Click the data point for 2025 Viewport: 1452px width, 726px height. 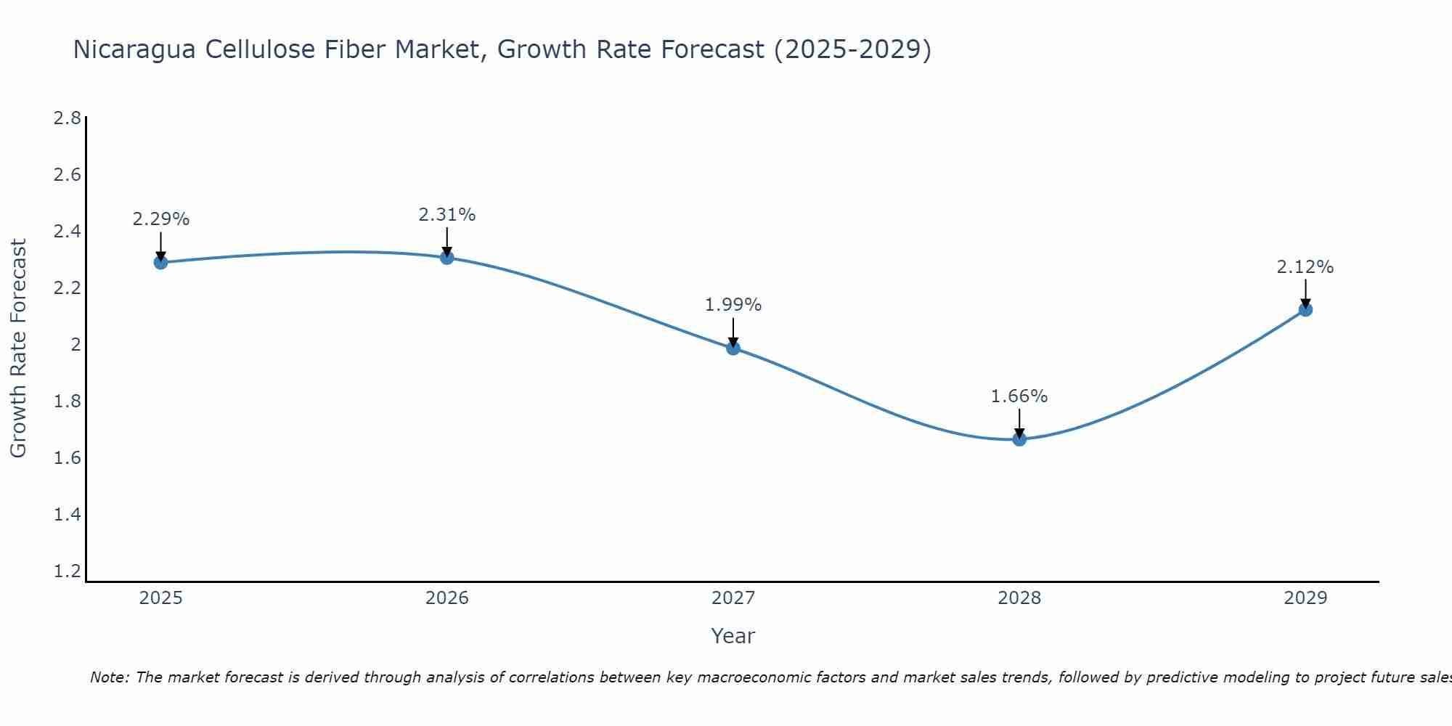[x=160, y=262]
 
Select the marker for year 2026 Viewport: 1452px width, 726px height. [x=447, y=257]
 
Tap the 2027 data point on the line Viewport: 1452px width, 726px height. [x=733, y=348]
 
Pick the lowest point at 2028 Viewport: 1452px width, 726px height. [x=1019, y=439]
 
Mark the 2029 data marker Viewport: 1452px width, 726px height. [x=1305, y=310]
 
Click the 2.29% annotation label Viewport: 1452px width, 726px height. [x=160, y=219]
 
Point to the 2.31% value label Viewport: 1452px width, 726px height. [x=447, y=215]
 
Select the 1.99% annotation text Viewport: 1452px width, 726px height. [x=733, y=305]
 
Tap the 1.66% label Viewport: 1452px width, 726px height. [x=1019, y=396]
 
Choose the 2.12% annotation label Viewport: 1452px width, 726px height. [x=1305, y=267]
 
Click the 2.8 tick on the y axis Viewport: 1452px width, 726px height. [x=68, y=118]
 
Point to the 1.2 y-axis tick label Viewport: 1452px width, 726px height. [x=68, y=571]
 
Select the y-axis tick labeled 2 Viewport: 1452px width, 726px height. [x=76, y=345]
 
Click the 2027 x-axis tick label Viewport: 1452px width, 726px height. [x=733, y=598]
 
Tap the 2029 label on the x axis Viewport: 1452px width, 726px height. [x=1305, y=598]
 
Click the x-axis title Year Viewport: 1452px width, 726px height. [x=733, y=636]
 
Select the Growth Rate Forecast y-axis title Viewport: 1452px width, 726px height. [x=18, y=348]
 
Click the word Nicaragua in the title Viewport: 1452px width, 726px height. [x=134, y=50]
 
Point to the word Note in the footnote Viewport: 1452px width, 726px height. [x=109, y=677]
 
